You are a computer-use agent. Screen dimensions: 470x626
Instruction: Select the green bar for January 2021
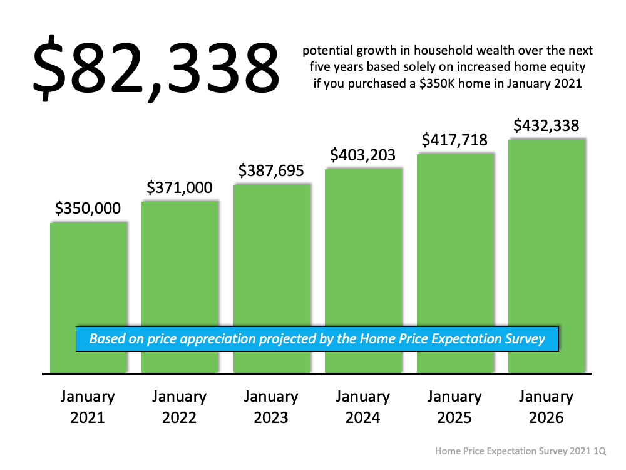pos(88,276)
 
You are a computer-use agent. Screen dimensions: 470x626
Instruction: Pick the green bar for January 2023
pos(272,257)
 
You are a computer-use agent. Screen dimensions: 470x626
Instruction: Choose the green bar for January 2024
pos(363,251)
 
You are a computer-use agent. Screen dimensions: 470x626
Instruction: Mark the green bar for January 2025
pos(455,244)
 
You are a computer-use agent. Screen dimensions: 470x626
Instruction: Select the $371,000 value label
pos(180,187)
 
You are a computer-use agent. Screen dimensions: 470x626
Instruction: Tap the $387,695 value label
pos(271,170)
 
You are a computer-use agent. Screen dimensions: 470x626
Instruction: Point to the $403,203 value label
pos(363,154)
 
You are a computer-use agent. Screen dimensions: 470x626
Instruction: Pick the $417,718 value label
pos(454,140)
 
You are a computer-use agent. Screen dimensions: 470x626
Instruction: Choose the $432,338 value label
pos(546,125)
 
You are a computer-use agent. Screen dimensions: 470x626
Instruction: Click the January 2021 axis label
pos(88,407)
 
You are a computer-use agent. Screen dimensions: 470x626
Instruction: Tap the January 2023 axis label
pos(271,407)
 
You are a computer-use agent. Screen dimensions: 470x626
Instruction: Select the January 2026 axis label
pos(546,407)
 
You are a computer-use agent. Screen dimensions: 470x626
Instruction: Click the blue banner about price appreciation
pos(317,339)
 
